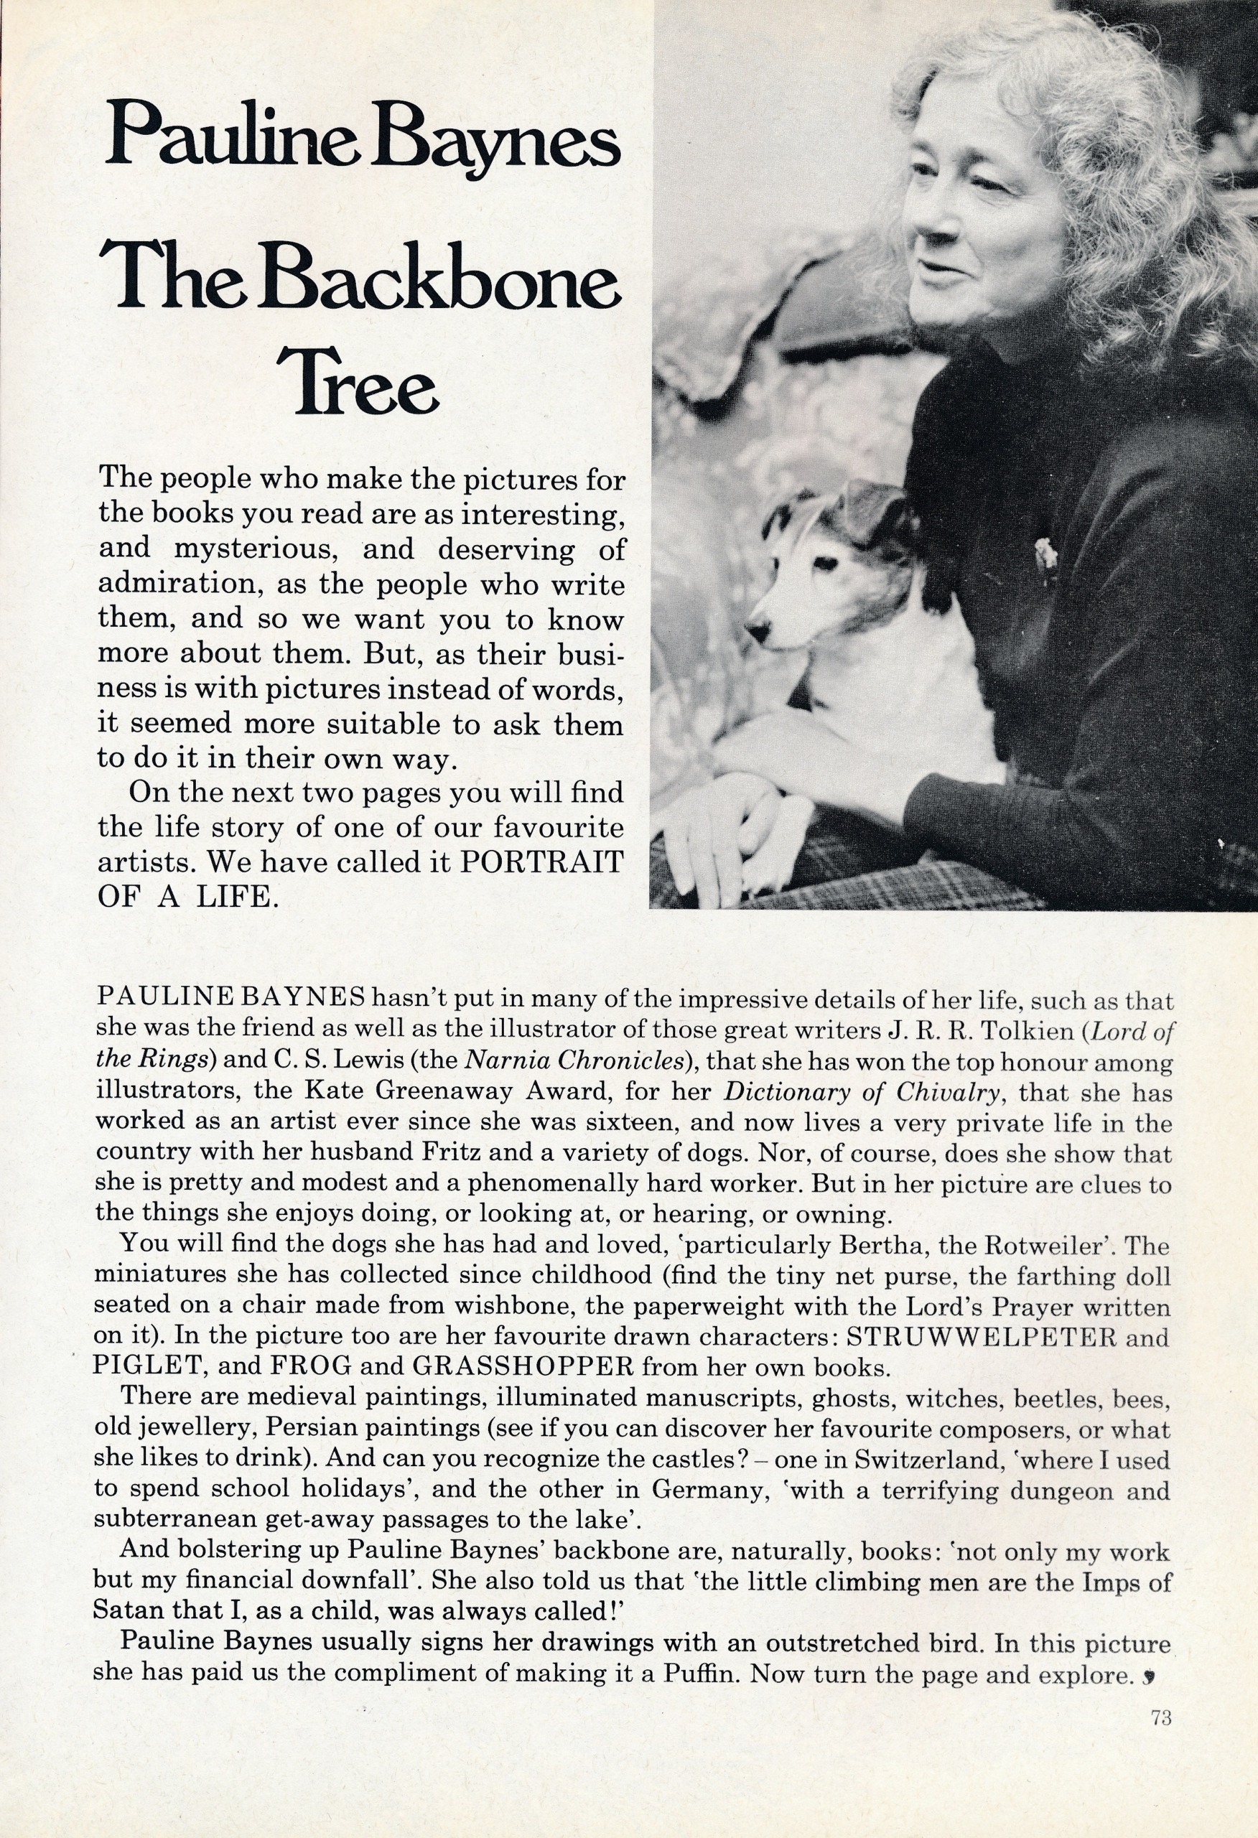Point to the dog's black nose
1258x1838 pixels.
pos(758,630)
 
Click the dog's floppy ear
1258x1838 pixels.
pos(875,506)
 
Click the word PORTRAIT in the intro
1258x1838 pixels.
pos(542,862)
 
